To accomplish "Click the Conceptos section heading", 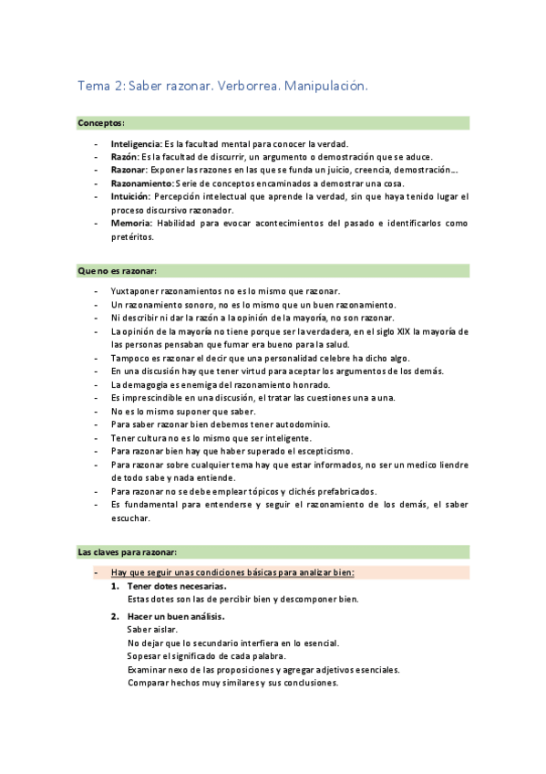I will coord(101,122).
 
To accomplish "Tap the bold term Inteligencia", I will coord(135,144).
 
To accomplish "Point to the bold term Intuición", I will coord(129,196).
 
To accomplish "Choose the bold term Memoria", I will coord(131,223).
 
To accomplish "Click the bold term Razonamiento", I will coord(141,183).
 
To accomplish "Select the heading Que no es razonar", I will coord(118,271).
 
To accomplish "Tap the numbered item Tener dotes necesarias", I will coord(177,586).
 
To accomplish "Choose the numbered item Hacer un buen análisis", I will coord(175,616).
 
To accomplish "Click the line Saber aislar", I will coord(153,630).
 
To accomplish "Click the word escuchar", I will coord(130,518).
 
